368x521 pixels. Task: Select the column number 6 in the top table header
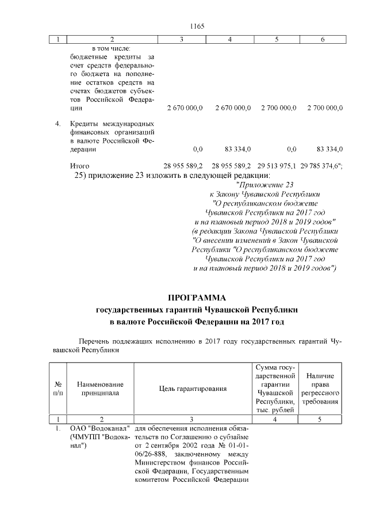click(x=322, y=39)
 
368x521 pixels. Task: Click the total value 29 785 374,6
click(x=321, y=166)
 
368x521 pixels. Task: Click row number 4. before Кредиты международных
click(x=58, y=124)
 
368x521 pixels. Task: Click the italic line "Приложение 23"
click(x=264, y=185)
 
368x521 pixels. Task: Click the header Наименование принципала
click(x=101, y=389)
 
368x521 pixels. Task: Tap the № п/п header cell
click(x=58, y=389)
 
